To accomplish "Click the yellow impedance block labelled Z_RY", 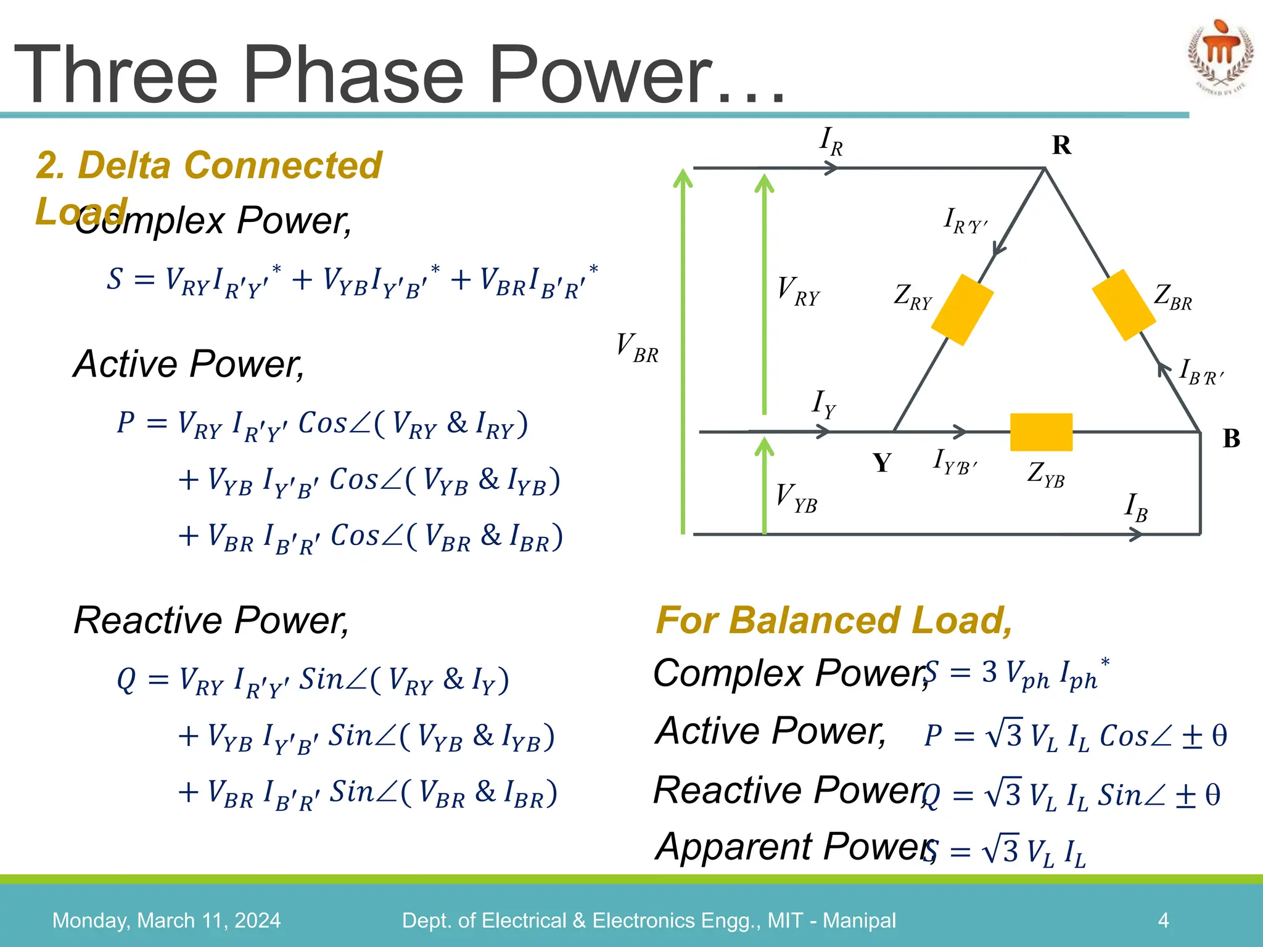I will [962, 310].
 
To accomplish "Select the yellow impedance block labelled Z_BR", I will [1124, 305].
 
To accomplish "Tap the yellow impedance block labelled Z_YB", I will [1041, 432].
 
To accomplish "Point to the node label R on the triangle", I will [1061, 146].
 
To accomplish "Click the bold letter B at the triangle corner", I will [1231, 439].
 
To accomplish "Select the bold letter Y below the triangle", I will [882, 463].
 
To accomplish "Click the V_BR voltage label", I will [637, 348].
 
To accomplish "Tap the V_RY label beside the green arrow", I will [798, 292].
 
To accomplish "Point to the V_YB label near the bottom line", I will [796, 498].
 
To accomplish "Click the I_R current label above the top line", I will [831, 141].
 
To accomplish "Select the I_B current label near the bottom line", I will [1135, 507].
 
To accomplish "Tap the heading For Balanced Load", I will [834, 620].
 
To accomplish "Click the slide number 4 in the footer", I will [1163, 920].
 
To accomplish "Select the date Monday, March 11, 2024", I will [167, 920].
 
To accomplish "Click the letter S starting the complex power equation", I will [115, 279].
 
